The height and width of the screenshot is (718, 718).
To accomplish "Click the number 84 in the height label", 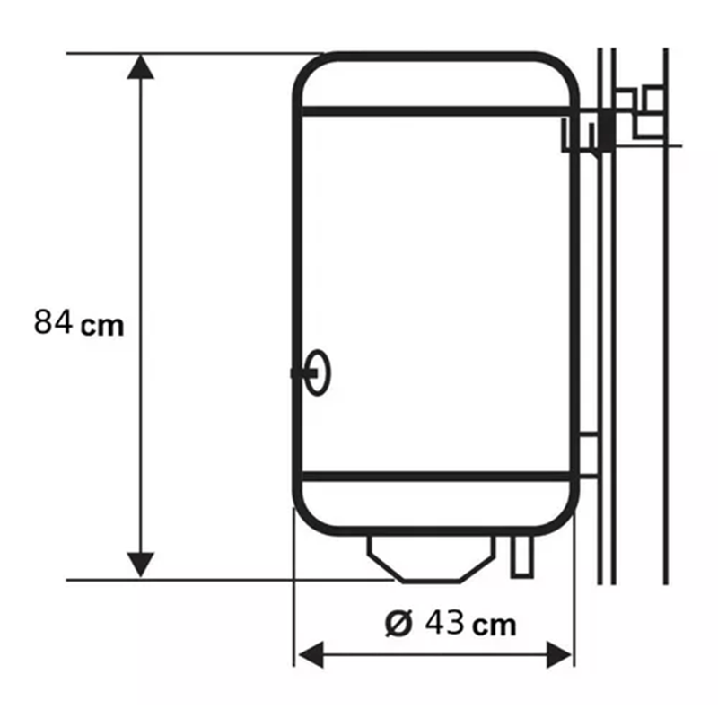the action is tap(53, 321).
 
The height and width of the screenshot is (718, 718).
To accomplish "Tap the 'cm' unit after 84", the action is tap(102, 325).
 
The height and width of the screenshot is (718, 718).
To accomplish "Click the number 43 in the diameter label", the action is tap(444, 622).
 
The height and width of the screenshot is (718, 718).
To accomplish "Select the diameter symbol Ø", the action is tap(398, 623).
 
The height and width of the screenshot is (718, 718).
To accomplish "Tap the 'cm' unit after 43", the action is tap(494, 626).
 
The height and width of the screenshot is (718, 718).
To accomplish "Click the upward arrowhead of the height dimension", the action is tap(140, 66).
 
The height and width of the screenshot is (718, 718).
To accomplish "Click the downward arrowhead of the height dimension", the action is tap(140, 565).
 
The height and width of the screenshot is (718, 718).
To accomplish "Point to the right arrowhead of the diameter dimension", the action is tap(559, 654).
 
